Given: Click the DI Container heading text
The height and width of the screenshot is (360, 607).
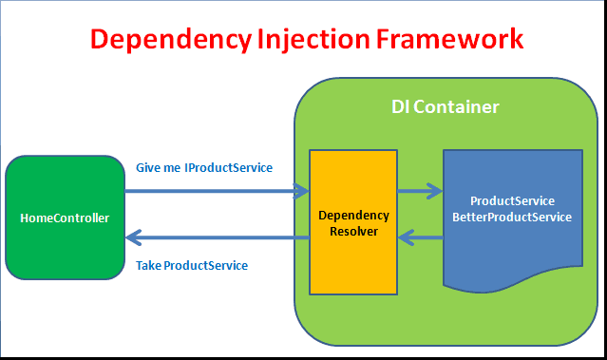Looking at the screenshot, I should point(445,107).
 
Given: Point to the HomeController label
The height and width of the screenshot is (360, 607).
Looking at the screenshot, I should point(65,218).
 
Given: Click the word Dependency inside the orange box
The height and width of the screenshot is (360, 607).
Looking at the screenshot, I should point(353,215).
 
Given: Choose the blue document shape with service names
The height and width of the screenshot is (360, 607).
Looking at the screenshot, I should point(513,247).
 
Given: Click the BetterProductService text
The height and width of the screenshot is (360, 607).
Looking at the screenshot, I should point(512,217).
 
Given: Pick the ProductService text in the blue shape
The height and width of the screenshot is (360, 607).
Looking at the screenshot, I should point(512,201).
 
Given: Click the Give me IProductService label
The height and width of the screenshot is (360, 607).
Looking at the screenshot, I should point(204,168).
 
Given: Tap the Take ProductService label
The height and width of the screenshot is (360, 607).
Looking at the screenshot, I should point(192,265).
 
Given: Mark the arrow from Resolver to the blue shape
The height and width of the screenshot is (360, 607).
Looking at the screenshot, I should point(420,191).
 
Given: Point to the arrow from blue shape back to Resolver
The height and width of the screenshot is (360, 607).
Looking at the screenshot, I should point(420,237).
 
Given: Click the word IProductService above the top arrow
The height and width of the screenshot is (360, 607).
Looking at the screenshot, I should point(228,168).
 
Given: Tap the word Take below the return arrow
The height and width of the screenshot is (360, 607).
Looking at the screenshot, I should point(149,265).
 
